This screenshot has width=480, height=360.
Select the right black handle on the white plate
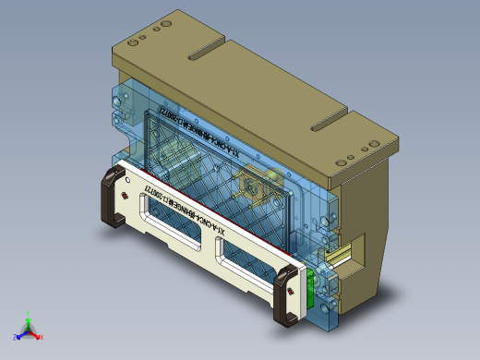tap(285, 295)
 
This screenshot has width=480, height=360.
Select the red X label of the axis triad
tap(42, 337)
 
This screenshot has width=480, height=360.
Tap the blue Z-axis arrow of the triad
tap(21, 332)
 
